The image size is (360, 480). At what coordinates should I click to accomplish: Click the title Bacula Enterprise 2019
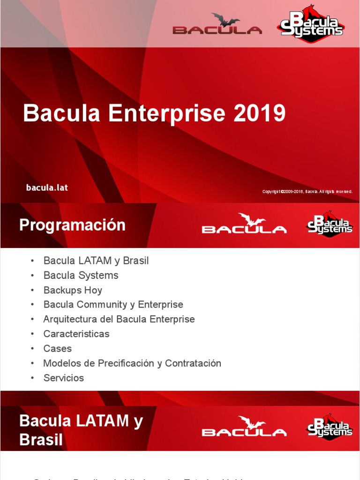pos(154,113)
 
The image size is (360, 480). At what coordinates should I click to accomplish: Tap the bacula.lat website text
pos(47,187)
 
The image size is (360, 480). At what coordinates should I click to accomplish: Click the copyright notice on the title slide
pos(307,192)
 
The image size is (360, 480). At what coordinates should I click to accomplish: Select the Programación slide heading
pos(72,225)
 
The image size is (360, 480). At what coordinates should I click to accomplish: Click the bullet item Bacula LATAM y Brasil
pos(96,261)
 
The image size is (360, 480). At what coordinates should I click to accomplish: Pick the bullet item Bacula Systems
pos(81,275)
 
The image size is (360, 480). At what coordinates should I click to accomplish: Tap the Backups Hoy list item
pos(73,290)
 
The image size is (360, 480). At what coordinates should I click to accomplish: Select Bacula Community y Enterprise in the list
pos(113,305)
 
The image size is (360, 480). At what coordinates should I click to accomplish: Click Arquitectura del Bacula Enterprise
pos(119,319)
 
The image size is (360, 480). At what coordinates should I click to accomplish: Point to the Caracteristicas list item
pos(76,334)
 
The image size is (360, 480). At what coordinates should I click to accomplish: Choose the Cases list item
pos(57,348)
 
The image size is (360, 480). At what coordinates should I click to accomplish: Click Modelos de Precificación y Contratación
pos(132,363)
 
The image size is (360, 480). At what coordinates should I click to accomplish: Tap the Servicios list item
pos(63,378)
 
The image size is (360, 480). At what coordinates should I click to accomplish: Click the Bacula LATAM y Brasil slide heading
pos(81,430)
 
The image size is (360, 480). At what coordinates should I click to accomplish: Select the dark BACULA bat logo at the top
pos(217,24)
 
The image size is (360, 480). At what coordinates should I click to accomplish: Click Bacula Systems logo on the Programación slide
pos(330,224)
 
